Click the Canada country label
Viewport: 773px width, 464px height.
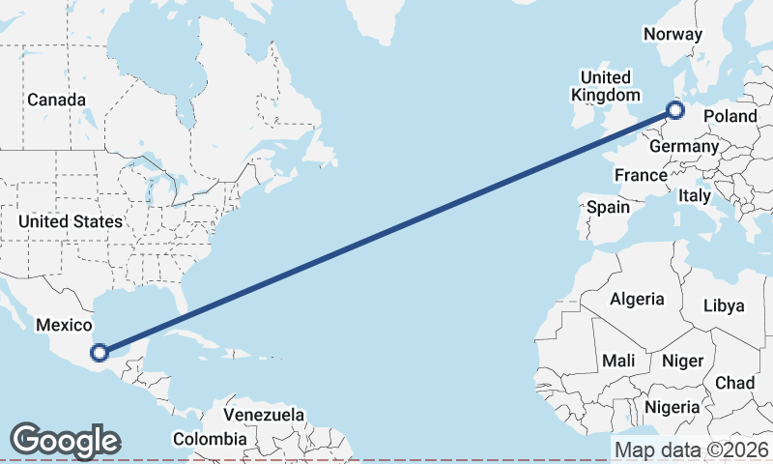click(56, 100)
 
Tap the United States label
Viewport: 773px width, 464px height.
click(71, 221)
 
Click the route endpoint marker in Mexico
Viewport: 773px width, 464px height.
click(99, 353)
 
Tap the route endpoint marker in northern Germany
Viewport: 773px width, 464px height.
click(674, 111)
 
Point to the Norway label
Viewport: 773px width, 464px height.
click(673, 34)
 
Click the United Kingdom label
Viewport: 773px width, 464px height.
click(606, 86)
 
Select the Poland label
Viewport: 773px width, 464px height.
click(730, 116)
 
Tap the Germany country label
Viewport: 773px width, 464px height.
click(684, 146)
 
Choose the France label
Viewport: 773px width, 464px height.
click(641, 175)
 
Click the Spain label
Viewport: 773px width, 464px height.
click(608, 207)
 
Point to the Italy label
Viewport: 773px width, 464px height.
click(694, 195)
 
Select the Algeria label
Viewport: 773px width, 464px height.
click(637, 299)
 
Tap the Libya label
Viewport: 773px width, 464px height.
click(724, 305)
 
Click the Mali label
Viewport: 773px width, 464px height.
click(618, 361)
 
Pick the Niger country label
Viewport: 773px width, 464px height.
click(682, 361)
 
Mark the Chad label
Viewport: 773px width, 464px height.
click(734, 383)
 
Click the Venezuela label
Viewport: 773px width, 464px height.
click(264, 415)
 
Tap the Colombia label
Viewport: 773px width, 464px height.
click(210, 439)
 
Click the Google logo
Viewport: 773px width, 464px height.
click(65, 441)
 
